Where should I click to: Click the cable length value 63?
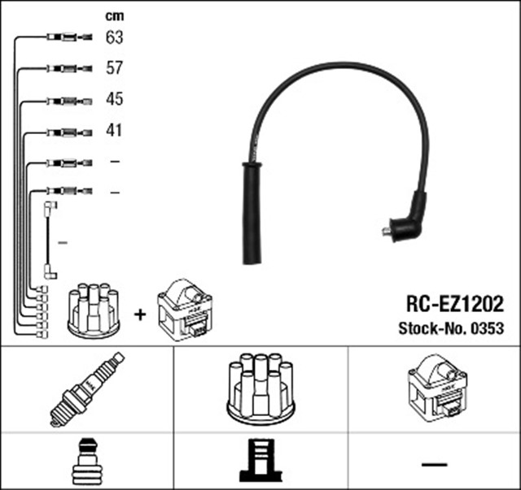[114, 37]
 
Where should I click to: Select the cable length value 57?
[114, 67]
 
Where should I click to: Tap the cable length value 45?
[114, 99]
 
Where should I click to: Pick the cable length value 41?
[114, 130]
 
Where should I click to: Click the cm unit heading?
[114, 15]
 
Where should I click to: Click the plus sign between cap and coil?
[140, 314]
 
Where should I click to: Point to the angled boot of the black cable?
[409, 218]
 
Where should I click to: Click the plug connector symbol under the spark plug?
[86, 462]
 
